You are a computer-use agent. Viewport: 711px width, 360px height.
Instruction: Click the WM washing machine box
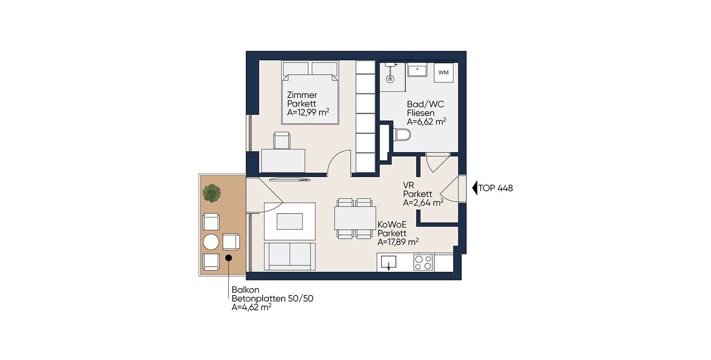coord(443,72)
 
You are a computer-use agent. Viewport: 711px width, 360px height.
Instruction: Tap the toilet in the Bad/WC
coord(402,135)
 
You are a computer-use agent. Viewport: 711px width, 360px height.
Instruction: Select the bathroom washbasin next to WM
coord(417,70)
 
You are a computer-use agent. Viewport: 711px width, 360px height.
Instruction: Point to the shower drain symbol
coord(390,78)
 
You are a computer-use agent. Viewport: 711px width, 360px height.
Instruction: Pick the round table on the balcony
coord(211,242)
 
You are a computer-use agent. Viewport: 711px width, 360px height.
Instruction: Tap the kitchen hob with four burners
coord(423,262)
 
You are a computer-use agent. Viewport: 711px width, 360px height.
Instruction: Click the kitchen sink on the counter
coord(389,262)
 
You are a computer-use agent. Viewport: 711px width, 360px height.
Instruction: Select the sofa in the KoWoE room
coord(290,257)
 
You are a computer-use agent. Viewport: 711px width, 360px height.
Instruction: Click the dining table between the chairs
coord(355,218)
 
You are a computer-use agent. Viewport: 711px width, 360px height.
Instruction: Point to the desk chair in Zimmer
coord(282,141)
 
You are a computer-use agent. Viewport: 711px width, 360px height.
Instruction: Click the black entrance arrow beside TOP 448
coord(475,188)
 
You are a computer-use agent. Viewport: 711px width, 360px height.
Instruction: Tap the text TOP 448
coord(496,188)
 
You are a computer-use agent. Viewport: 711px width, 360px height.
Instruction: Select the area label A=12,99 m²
coord(308,112)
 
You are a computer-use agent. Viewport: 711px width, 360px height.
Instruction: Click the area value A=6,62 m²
coord(427,121)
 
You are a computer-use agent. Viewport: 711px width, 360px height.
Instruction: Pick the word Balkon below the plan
coord(246,289)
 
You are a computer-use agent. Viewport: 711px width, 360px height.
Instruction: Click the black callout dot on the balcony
coord(228,258)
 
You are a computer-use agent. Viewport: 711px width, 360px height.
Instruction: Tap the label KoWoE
coord(392,225)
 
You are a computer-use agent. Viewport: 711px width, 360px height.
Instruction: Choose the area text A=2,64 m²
coord(423,203)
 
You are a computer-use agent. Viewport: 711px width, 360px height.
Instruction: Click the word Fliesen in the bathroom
coord(420,113)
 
